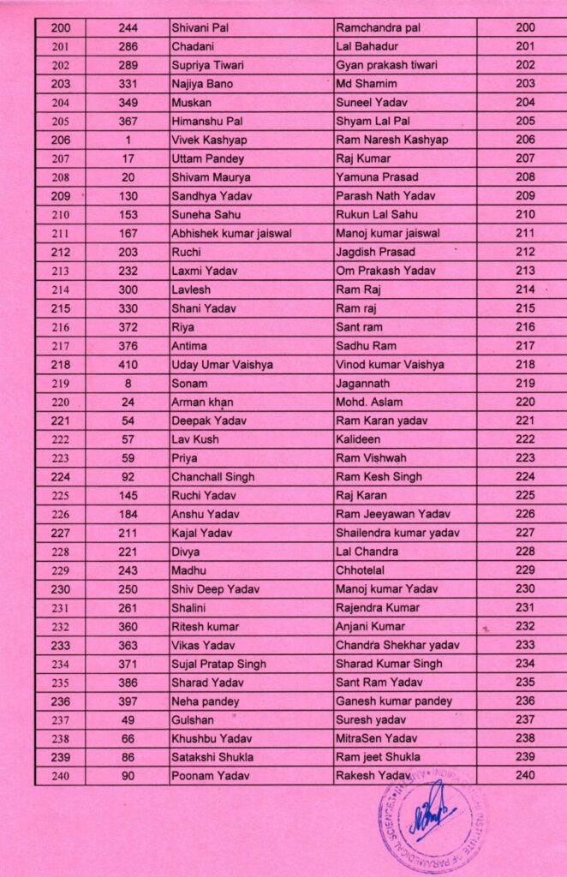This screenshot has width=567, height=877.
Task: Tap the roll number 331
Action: [x=128, y=84]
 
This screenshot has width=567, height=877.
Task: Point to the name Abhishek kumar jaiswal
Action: [x=232, y=233]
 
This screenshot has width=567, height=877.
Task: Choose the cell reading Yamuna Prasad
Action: [x=377, y=177]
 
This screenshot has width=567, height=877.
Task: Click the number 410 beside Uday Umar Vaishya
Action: [x=128, y=364]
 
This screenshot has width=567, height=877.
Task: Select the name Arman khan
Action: [x=202, y=402]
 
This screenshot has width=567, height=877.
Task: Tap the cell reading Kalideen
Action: [x=359, y=439]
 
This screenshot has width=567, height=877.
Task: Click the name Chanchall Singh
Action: [x=212, y=477]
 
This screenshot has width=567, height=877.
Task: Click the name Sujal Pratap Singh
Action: [x=218, y=664]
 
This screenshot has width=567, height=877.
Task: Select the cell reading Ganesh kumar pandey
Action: [x=394, y=701]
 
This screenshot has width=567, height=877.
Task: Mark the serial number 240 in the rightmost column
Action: [x=526, y=775]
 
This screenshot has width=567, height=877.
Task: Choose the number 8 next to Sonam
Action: [x=128, y=383]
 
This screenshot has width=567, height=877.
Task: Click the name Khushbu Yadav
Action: [x=212, y=738]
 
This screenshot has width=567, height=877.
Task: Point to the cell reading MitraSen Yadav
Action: [x=376, y=738]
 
